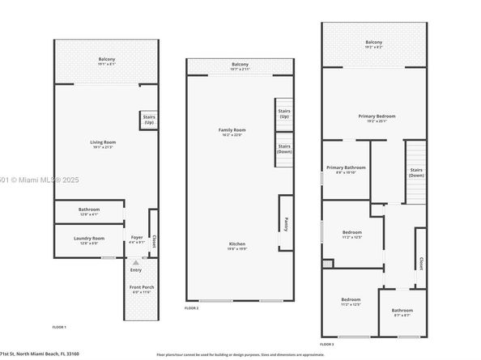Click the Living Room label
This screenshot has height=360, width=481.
pyautogui.click(x=103, y=142)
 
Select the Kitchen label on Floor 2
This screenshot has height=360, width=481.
pyautogui.click(x=236, y=244)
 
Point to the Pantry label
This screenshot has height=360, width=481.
pyautogui.click(x=286, y=222)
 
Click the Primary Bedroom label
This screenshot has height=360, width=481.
pyautogui.click(x=377, y=116)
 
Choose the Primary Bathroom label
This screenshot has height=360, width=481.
pyautogui.click(x=346, y=167)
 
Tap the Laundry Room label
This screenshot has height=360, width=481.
pyautogui.click(x=88, y=238)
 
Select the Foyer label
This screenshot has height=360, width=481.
pyautogui.click(x=136, y=238)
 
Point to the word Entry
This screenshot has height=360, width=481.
pyautogui.click(x=136, y=269)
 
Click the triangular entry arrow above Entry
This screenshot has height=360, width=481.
pyautogui.click(x=136, y=262)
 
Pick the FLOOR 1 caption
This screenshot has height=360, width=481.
pyautogui.click(x=59, y=326)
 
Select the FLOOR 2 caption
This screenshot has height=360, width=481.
pyautogui.click(x=192, y=308)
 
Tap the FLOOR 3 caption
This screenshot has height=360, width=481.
pyautogui.click(x=326, y=344)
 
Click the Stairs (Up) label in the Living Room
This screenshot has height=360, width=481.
pyautogui.click(x=149, y=120)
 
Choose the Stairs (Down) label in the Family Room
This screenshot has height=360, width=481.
pyautogui.click(x=284, y=149)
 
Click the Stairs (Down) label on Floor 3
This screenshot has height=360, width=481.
pyautogui.click(x=416, y=172)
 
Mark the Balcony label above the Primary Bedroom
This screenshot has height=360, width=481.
pyautogui.click(x=373, y=42)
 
